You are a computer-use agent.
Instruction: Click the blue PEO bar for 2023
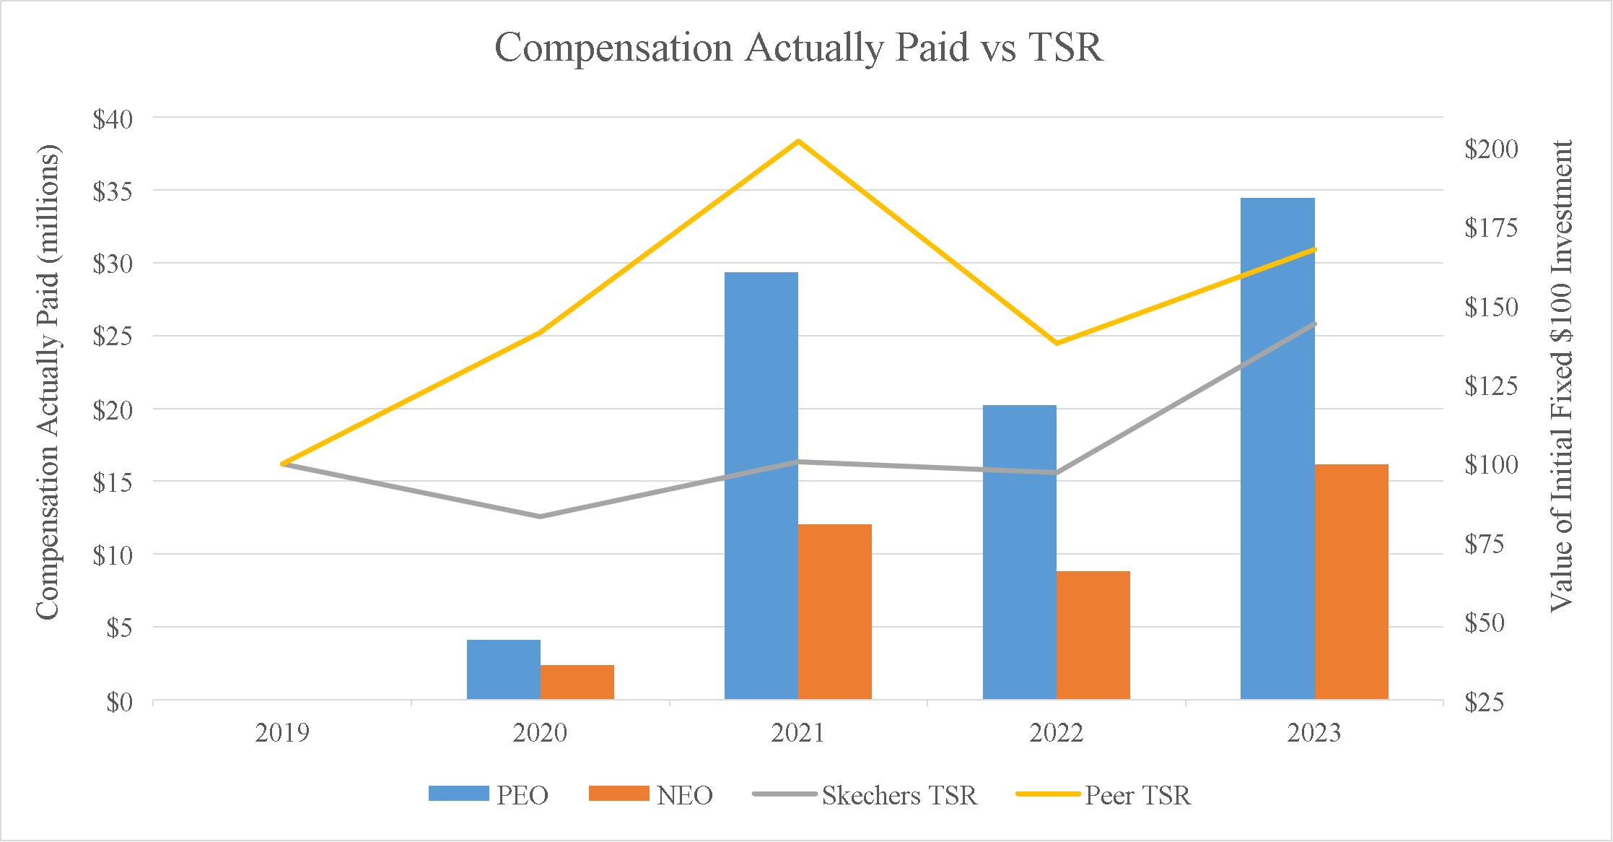tap(1277, 448)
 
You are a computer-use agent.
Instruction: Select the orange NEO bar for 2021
tap(835, 611)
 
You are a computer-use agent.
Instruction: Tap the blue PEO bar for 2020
tap(504, 669)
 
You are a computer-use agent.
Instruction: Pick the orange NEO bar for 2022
tap(1093, 635)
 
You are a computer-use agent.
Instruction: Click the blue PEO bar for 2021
tap(761, 485)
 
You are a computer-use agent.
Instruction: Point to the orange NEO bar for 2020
tap(577, 682)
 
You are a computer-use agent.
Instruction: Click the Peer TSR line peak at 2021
tap(798, 141)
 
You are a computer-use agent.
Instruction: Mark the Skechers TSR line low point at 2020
tap(540, 516)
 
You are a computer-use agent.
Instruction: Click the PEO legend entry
tap(489, 795)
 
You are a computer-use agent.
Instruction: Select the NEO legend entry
tap(651, 795)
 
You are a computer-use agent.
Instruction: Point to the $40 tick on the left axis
tap(112, 118)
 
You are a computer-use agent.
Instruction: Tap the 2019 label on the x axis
tap(282, 733)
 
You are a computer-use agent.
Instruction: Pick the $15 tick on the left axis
tap(112, 482)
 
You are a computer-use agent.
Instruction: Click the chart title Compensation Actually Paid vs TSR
tap(799, 49)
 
